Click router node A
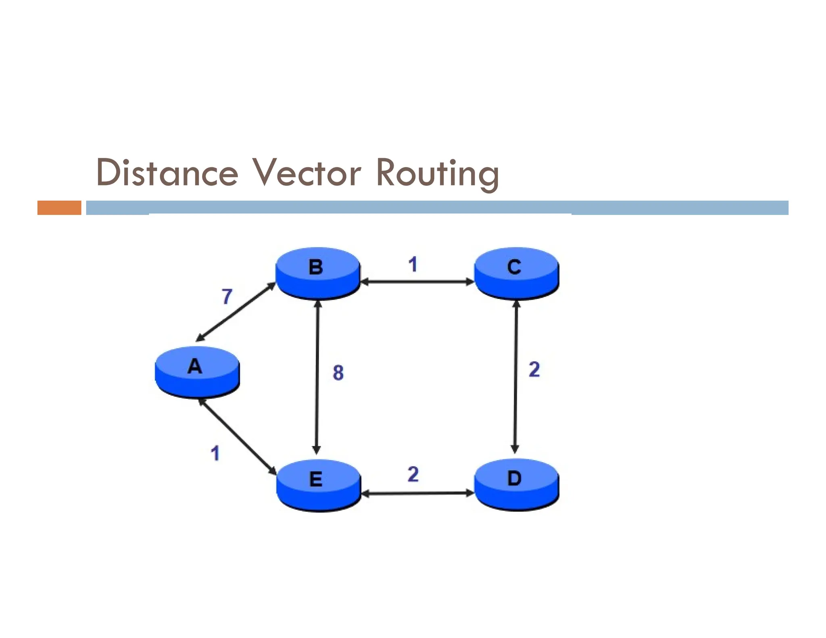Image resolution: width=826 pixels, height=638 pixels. point(197,371)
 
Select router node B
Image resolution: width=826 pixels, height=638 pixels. point(317,273)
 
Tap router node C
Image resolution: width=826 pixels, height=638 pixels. point(516,273)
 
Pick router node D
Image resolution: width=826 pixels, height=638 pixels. point(516,484)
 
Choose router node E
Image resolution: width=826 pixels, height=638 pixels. point(318,485)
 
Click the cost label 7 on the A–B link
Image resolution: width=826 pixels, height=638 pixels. point(227,296)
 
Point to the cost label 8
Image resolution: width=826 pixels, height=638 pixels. point(338,373)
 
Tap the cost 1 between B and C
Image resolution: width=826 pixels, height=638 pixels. point(413,265)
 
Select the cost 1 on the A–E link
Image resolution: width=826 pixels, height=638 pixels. point(215,453)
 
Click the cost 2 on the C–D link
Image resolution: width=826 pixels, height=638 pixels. point(534,369)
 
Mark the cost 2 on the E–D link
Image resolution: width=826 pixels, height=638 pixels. point(413,474)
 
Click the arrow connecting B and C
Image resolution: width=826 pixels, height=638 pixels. point(417,282)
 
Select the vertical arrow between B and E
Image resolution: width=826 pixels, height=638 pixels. point(317,377)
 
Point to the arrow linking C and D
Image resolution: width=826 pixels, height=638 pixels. point(515,377)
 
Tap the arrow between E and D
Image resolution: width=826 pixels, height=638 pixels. point(417,493)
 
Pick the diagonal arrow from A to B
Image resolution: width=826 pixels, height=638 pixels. point(236,312)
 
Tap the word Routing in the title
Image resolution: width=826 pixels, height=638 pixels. point(438,173)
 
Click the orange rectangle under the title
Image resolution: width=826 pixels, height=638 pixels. point(59,208)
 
